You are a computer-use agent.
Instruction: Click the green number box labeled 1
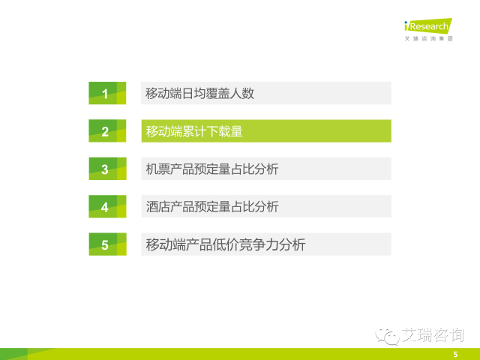tap(107, 93)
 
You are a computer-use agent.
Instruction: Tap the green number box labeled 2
tap(107, 130)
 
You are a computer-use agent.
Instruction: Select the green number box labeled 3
tap(107, 169)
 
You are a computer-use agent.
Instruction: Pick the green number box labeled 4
tap(107, 206)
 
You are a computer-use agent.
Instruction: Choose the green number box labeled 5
tap(107, 244)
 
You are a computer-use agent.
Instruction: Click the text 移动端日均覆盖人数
tap(199, 93)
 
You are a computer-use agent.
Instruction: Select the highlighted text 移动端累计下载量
tap(194, 131)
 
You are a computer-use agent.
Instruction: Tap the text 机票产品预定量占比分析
tap(212, 169)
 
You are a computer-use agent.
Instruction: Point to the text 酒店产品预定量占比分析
tap(212, 207)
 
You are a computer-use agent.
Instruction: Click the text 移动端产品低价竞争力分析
tap(226, 244)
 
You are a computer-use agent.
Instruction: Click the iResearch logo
tap(428, 25)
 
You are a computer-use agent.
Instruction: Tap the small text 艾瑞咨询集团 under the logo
tap(428, 38)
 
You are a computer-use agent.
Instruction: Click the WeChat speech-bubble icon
tap(387, 336)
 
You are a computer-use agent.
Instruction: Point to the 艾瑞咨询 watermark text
tap(433, 335)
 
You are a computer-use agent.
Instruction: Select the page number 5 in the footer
tap(455, 355)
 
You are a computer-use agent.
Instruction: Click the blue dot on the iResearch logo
tap(406, 22)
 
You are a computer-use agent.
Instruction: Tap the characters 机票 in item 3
tap(157, 169)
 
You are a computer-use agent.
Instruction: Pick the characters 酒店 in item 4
tap(157, 207)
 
